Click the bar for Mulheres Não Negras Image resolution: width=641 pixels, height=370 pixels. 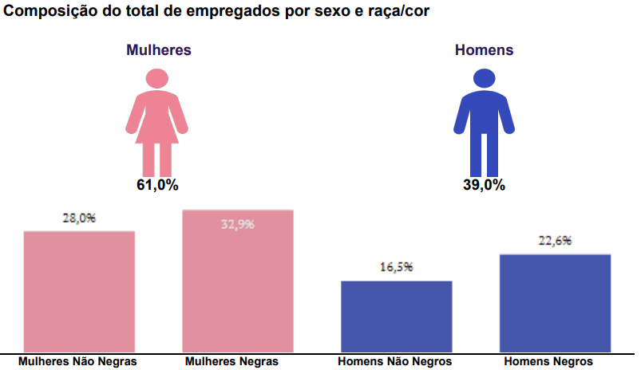coord(79,291)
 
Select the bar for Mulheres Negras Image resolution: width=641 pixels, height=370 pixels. coord(238,281)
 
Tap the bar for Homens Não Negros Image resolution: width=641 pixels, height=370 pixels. coord(397,316)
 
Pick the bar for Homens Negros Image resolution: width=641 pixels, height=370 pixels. coord(556,303)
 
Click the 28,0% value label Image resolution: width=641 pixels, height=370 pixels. coord(79,217)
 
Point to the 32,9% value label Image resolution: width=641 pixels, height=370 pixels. coord(238,224)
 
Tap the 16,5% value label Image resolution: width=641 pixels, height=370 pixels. coord(397,267)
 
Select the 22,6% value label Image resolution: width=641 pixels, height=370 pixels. coord(556,241)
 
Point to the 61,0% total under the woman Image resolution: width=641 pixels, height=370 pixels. coord(157,185)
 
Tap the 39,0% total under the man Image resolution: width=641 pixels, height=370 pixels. coord(484,185)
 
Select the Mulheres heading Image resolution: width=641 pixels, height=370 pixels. coord(158,49)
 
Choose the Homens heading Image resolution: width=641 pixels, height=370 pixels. coord(484,49)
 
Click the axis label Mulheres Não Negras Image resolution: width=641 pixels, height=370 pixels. coord(78,361)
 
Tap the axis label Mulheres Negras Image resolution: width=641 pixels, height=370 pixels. coord(231,361)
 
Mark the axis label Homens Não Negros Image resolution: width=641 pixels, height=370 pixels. coord(395,361)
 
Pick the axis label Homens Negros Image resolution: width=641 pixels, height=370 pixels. coord(549,361)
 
